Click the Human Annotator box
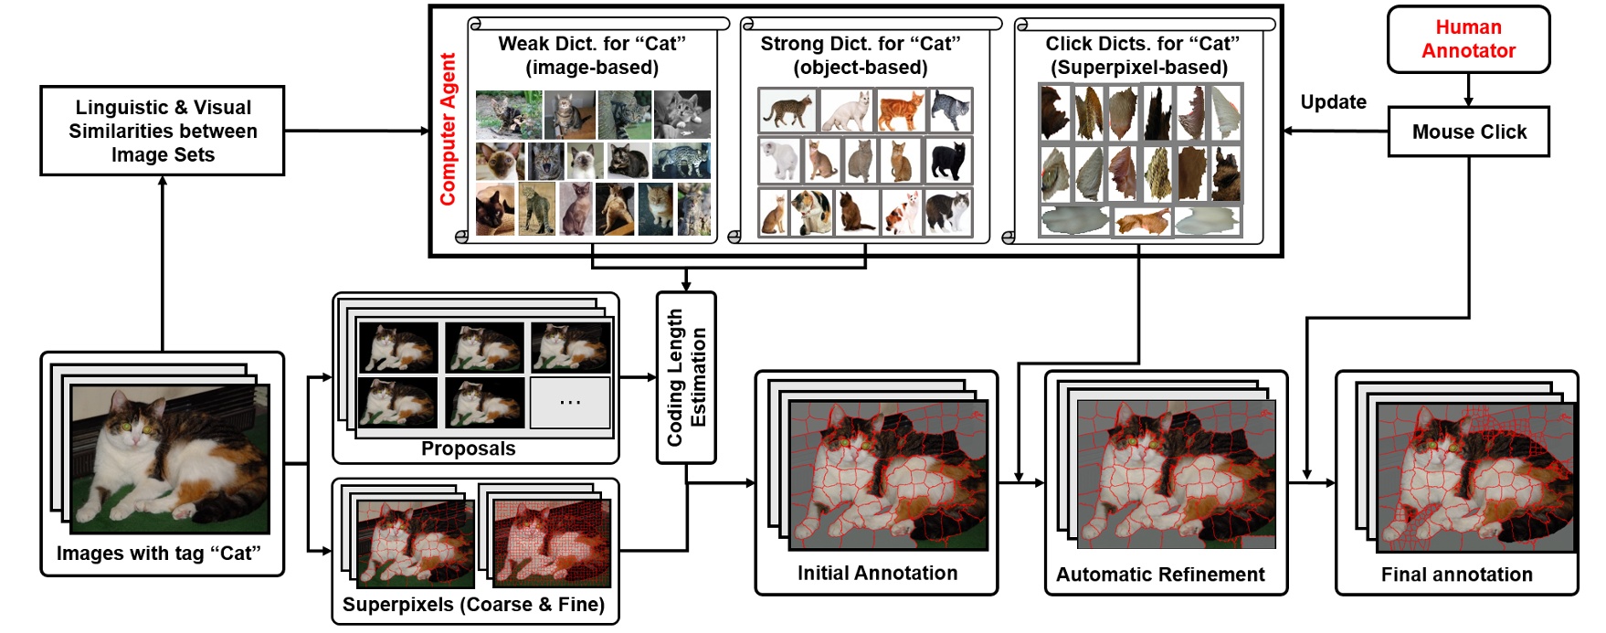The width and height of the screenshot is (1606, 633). click(1468, 39)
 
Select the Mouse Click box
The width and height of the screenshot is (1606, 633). click(1468, 132)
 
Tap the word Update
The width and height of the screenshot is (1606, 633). click(1333, 102)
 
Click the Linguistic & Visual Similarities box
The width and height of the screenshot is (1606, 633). click(163, 131)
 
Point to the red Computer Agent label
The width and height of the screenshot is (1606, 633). click(448, 129)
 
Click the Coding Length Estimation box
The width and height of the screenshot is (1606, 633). click(686, 377)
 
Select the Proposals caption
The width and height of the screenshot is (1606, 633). click(468, 448)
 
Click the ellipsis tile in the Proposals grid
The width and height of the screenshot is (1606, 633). click(570, 402)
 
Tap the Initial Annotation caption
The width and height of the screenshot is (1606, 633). click(877, 573)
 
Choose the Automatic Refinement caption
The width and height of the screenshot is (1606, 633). click(1160, 575)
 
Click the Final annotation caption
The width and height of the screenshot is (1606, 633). click(1456, 575)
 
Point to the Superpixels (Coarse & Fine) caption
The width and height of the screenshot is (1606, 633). click(473, 605)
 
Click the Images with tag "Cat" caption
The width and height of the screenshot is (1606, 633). click(159, 554)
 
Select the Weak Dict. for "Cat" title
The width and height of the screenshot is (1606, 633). click(592, 55)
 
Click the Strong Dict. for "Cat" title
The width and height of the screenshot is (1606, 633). click(861, 55)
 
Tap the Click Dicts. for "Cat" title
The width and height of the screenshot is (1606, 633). click(1142, 55)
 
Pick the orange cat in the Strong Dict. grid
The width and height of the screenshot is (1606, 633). click(900, 111)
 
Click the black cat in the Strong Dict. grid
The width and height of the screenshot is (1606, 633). click(948, 162)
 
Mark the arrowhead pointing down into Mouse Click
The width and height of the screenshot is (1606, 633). click(1468, 101)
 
